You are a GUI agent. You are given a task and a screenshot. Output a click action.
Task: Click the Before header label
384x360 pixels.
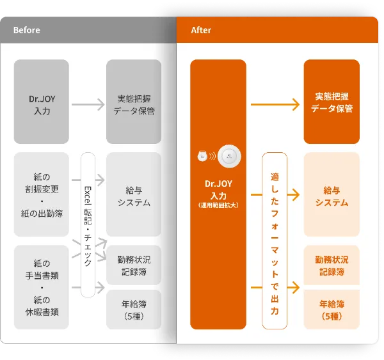[x=26, y=30]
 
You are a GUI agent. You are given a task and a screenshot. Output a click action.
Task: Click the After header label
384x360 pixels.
[x=201, y=30]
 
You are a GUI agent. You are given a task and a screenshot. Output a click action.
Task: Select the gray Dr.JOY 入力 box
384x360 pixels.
[x=42, y=102]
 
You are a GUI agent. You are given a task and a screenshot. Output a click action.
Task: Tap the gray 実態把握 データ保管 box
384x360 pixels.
[x=134, y=102]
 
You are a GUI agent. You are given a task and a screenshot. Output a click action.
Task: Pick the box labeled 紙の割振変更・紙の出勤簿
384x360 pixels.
[x=42, y=194]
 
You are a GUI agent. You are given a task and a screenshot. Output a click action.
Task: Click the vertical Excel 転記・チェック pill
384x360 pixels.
[x=88, y=225]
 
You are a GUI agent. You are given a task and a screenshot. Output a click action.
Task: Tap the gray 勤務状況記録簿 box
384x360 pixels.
[x=134, y=266]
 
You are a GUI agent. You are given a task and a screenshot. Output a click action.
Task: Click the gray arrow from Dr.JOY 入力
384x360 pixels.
[x=88, y=102]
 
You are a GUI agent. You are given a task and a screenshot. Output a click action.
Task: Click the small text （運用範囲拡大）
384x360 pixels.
[x=218, y=205]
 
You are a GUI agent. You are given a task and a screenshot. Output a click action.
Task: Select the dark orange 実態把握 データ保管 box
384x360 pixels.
[x=332, y=102]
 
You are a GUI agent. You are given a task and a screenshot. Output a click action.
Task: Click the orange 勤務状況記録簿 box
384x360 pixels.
[x=332, y=265]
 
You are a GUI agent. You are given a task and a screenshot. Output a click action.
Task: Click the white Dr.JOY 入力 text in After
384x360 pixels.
[x=218, y=189]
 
